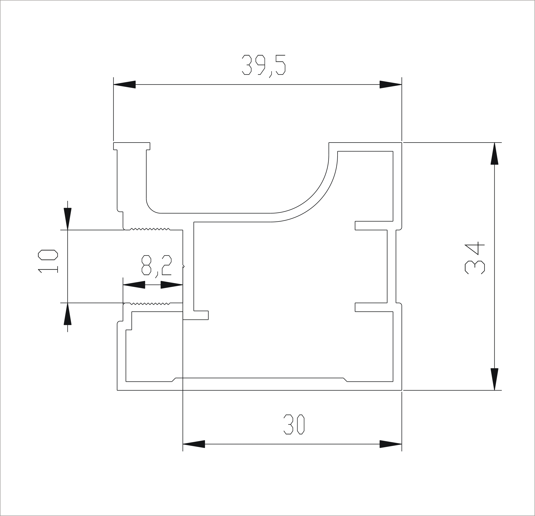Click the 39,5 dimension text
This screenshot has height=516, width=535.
264,66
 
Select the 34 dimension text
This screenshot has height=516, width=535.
475,258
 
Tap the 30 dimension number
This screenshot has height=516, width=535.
294,424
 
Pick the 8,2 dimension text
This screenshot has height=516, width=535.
157,266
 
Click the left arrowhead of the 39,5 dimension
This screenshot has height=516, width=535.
124,84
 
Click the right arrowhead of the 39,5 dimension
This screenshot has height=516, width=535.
391,84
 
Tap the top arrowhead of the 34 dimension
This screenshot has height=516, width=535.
494,154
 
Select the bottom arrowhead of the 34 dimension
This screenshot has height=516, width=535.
494,379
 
